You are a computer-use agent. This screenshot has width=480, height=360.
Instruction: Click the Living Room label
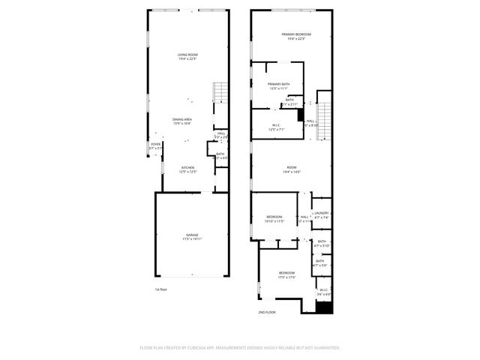(x=187, y=57)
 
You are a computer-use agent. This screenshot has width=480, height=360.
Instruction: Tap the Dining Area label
(x=182, y=121)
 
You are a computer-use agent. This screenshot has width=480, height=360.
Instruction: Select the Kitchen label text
(x=187, y=169)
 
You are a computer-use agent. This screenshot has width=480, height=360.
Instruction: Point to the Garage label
(x=193, y=237)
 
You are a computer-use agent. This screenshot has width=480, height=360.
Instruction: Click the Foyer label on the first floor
(x=155, y=146)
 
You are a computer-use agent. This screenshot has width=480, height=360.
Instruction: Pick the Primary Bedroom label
(x=296, y=37)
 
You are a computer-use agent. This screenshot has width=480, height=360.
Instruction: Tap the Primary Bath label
(x=279, y=86)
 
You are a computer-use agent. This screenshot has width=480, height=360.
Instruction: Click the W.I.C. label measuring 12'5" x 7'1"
(x=277, y=127)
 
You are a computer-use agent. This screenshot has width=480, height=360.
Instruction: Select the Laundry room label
(x=322, y=215)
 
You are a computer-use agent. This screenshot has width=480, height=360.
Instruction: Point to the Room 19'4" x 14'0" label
(x=292, y=169)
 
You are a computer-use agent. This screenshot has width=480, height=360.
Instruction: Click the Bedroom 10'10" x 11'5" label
(x=275, y=219)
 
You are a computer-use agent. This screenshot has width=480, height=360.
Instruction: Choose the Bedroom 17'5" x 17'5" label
(x=287, y=274)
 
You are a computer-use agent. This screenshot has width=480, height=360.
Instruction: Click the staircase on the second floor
(x=323, y=120)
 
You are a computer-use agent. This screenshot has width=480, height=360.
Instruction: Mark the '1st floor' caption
(x=161, y=289)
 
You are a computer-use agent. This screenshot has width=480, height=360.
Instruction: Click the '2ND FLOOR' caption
(x=267, y=311)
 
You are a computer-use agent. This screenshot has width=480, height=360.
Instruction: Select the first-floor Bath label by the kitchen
(x=220, y=155)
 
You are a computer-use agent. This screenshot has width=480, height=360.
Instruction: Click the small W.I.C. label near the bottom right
(x=323, y=292)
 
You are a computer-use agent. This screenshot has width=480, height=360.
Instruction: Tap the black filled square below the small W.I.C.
(x=323, y=307)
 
